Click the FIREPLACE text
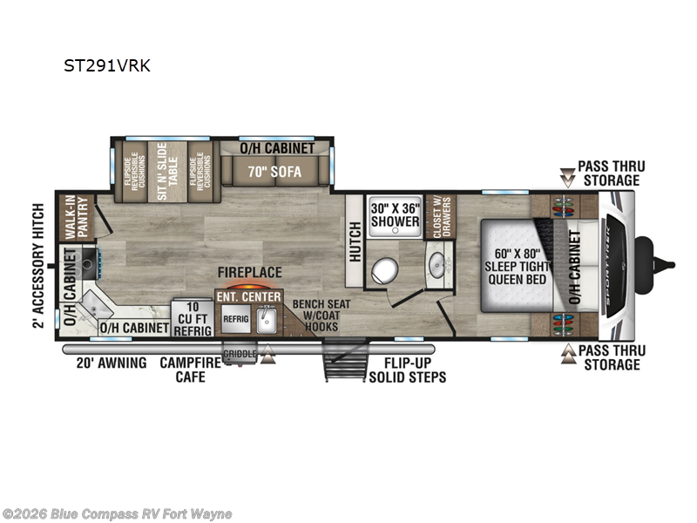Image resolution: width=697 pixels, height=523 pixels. click(x=250, y=272)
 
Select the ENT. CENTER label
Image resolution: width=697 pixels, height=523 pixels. click(x=249, y=297)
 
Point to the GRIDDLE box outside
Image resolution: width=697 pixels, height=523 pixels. click(x=238, y=354)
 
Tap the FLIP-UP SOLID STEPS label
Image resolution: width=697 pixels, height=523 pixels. click(x=408, y=370)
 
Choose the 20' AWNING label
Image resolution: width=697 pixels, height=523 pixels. click(x=112, y=363)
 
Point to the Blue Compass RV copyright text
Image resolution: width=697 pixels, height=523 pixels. click(x=118, y=513)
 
